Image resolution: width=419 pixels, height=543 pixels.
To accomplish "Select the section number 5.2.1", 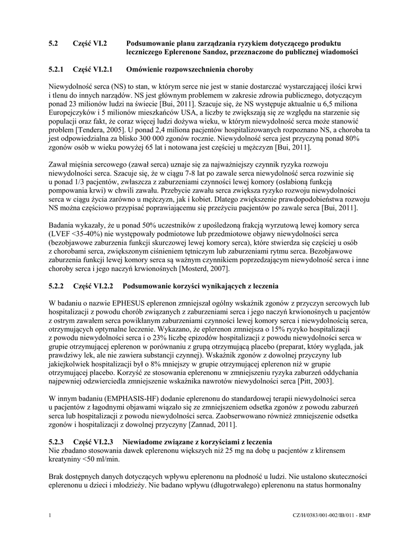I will tap(56, 69).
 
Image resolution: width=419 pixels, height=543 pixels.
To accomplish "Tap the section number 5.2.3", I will tap(56, 442).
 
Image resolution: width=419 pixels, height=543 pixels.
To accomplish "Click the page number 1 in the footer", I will tap(49, 515).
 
